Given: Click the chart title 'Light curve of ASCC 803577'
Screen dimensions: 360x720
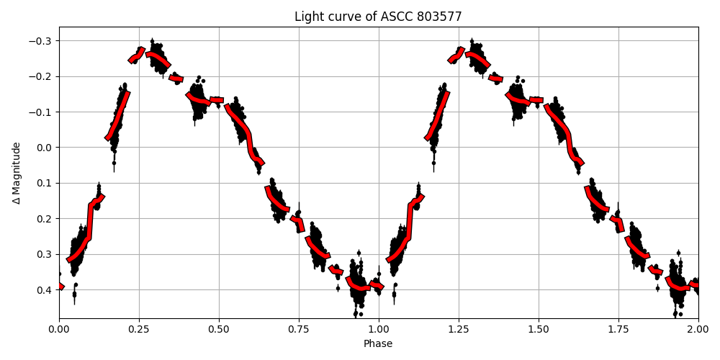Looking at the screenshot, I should tap(378, 17).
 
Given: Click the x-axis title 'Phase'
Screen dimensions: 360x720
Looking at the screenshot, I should tap(378, 344).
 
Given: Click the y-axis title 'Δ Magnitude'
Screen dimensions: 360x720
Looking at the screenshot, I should tap(17, 173).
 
